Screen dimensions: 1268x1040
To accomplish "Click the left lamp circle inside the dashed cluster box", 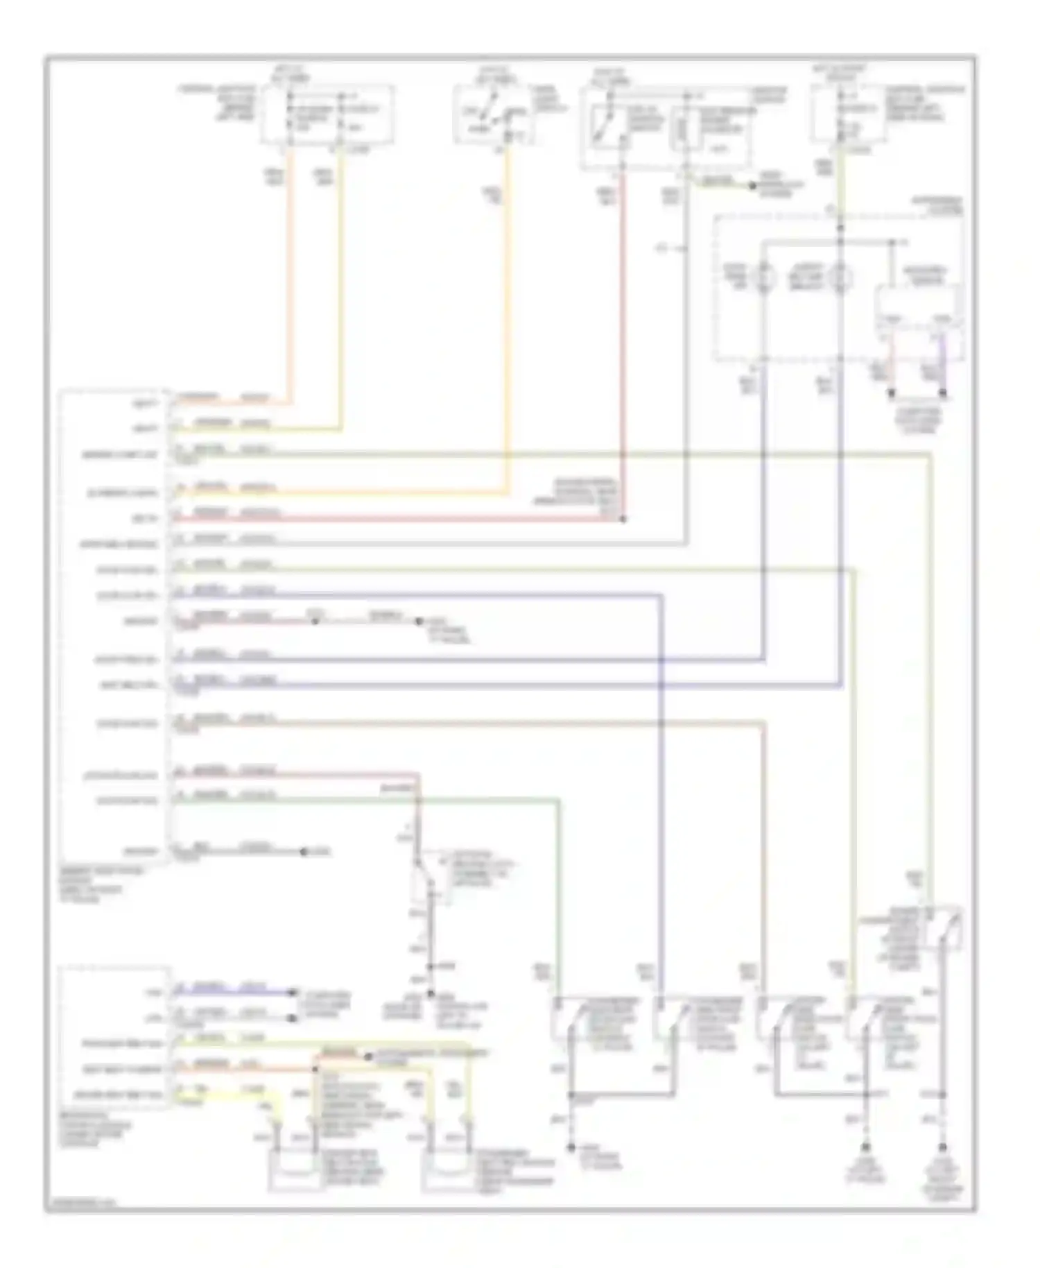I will click(x=763, y=278).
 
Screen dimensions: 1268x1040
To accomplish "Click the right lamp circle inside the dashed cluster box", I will click(x=840, y=278).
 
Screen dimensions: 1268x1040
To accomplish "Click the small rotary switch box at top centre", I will click(x=492, y=115).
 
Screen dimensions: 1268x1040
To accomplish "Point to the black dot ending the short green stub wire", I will click(x=752, y=186).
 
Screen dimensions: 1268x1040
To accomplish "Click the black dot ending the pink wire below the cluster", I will click(x=892, y=393).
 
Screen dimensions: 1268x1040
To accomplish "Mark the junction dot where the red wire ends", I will click(x=623, y=519).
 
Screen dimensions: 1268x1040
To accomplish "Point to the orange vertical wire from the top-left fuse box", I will click(x=289, y=277).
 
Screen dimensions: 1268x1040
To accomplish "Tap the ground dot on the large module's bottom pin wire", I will click(x=304, y=851).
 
